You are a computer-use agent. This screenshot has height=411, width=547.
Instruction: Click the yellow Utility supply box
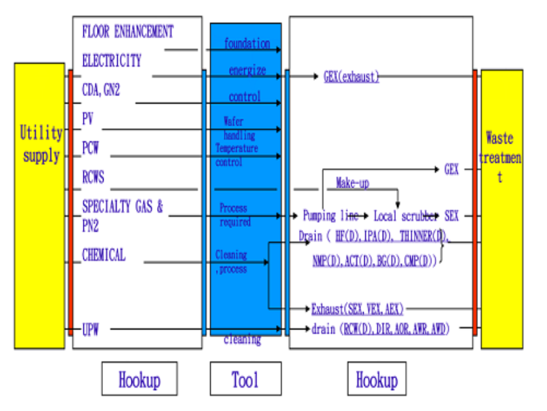(39, 205)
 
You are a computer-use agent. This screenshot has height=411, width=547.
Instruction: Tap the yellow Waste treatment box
(501, 208)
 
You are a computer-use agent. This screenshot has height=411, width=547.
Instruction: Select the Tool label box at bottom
(245, 379)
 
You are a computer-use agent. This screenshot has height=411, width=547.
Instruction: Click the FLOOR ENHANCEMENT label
(128, 31)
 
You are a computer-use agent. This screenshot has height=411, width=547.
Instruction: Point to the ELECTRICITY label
(112, 61)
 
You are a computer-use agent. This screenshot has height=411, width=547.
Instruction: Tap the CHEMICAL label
(104, 256)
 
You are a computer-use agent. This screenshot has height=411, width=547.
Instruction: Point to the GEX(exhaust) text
(351, 76)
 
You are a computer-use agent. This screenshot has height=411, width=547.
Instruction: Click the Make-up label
(352, 183)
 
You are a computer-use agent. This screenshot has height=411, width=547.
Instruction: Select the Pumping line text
(330, 216)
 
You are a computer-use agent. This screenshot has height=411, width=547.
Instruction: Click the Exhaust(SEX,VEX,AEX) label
(357, 309)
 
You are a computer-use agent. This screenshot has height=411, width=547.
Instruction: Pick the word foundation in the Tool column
(246, 43)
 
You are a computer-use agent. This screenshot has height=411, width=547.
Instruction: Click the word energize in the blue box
(247, 71)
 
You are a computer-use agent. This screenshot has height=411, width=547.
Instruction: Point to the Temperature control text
(236, 155)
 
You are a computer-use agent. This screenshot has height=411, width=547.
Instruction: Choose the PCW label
(90, 148)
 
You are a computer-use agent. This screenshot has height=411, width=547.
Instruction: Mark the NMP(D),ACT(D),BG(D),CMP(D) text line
(374, 260)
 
